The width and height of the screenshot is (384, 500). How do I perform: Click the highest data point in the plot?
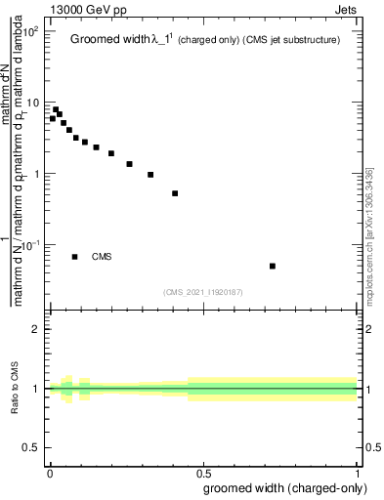tap(56, 110)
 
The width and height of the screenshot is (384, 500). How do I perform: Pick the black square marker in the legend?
tap(75, 257)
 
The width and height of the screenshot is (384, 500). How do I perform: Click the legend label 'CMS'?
tap(102, 257)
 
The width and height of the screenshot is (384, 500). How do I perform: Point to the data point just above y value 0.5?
tap(175, 193)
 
